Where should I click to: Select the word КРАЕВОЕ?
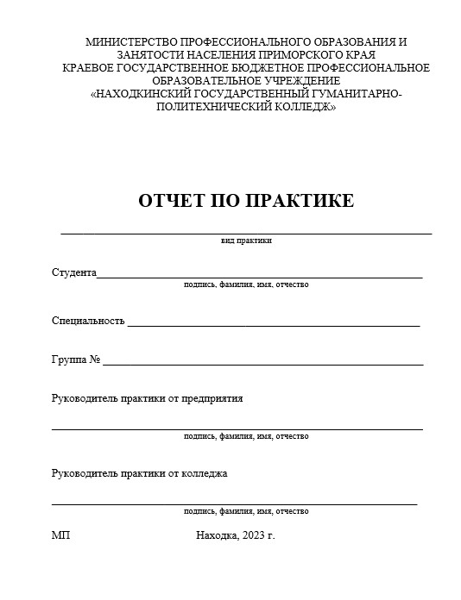coord(92,68)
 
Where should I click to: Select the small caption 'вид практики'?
coord(246,241)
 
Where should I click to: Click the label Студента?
coord(73,272)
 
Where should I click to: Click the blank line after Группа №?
coord(262,364)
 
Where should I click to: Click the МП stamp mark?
coord(61,536)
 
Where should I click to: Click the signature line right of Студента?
coord(259,277)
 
